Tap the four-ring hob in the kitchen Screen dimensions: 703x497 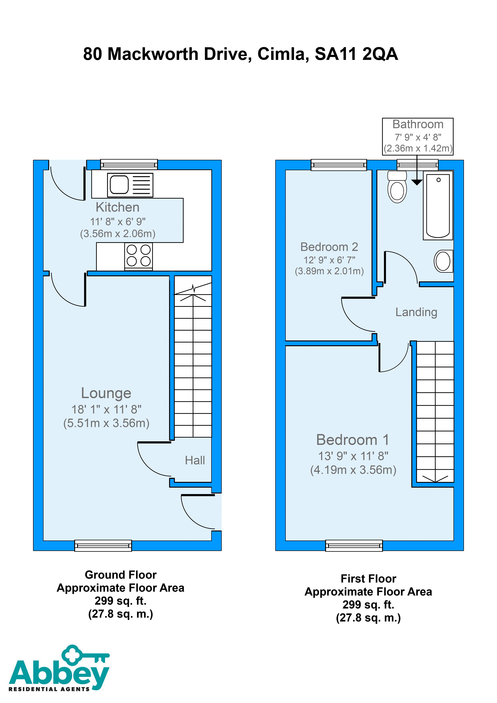pos(138,256)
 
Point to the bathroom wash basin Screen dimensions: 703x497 pos(443,261)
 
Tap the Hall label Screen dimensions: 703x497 pos(195,460)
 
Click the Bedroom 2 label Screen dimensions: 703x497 pos(329,247)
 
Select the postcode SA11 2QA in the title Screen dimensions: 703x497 pos(356,54)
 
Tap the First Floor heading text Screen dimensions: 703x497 pos(368,579)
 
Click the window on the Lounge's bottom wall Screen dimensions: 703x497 pos(103,546)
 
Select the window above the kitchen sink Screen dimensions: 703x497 pos(129,164)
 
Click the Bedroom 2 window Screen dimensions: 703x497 pos(339,165)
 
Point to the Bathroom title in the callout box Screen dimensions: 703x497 pos(418,124)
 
